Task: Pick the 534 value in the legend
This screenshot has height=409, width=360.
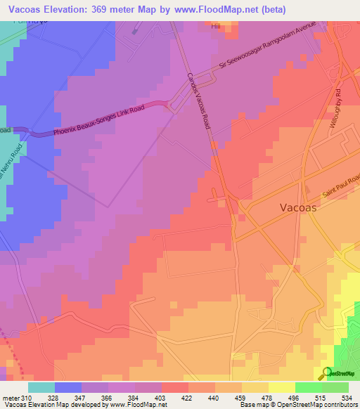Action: (347, 397)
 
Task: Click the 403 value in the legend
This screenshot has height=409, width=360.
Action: (161, 397)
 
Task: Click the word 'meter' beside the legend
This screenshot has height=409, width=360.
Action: (11, 397)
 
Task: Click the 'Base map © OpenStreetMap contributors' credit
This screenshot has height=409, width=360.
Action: (298, 405)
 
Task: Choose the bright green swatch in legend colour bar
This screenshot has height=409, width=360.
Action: (308, 387)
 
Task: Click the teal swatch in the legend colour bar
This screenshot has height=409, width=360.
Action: (41, 387)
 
